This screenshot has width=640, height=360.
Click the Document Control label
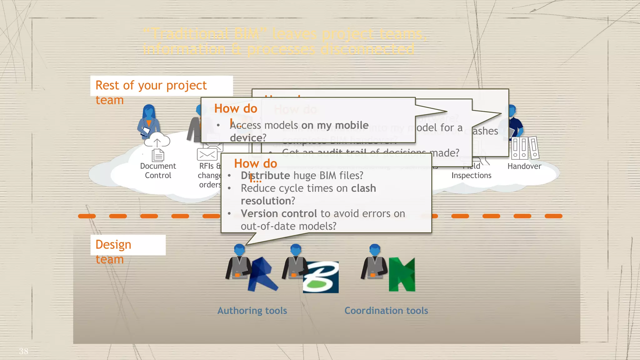click(158, 171)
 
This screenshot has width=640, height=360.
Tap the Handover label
click(524, 166)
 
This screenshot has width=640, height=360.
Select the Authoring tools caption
click(252, 311)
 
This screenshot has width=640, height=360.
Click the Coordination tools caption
click(386, 311)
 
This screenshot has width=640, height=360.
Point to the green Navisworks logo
click(402, 275)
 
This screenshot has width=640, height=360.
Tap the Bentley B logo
click(321, 277)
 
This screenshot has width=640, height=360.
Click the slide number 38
click(23, 351)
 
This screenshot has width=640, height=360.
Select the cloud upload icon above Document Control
click(157, 140)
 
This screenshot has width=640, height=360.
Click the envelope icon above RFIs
click(207, 154)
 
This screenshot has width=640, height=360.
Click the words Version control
click(279, 214)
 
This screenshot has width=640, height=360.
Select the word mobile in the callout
click(352, 125)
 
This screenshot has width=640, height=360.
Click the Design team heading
click(113, 251)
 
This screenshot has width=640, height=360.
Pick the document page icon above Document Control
click(158, 155)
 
